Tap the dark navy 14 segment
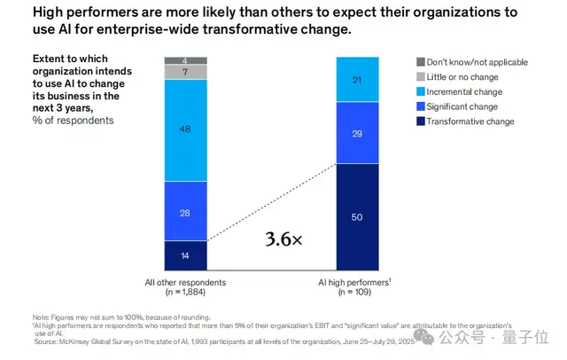(186, 255)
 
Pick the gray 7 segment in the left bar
(186, 72)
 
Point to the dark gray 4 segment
(186, 60)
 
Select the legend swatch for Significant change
(421, 105)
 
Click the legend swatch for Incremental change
(421, 90)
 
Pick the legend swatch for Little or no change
(421, 76)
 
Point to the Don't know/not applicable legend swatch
(421, 62)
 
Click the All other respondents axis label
(186, 282)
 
